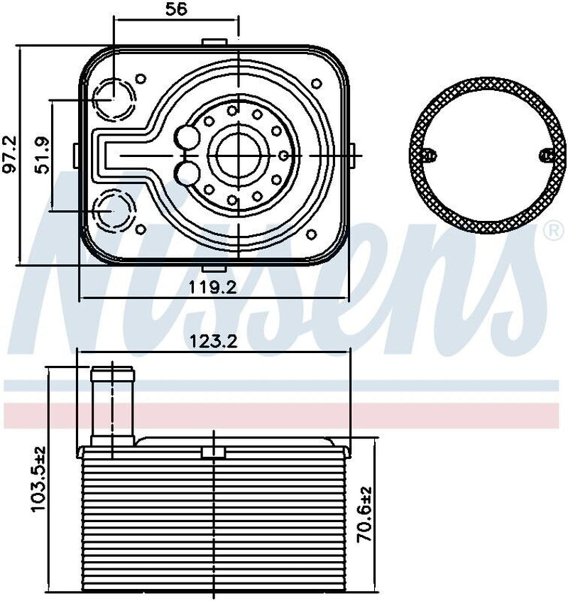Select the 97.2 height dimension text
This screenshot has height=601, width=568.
point(10,155)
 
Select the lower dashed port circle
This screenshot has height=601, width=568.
point(114,211)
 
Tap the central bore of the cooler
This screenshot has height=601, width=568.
point(240,153)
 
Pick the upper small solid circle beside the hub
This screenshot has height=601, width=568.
point(188,136)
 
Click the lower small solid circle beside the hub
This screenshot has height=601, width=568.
point(188,171)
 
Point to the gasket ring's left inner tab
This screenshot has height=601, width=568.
point(429,156)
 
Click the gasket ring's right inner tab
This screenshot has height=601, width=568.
point(545,156)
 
